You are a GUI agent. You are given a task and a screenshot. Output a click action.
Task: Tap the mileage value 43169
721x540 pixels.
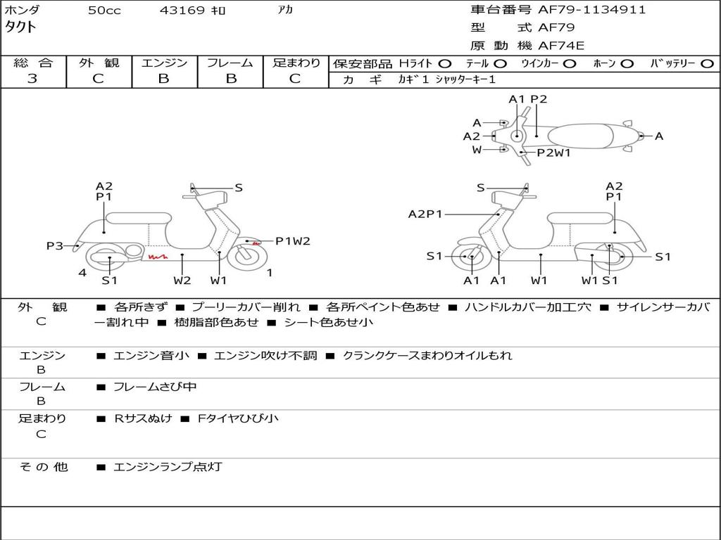(x=182, y=11)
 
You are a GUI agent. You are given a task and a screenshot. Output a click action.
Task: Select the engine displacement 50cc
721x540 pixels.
(x=104, y=11)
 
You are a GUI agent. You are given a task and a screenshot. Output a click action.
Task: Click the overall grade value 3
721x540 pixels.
(x=32, y=79)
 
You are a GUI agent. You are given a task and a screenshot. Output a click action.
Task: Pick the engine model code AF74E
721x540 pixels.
(x=561, y=46)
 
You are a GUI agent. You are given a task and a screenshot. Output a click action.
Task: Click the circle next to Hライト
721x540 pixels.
(x=445, y=64)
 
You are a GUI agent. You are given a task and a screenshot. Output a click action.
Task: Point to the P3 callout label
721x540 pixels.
(x=55, y=246)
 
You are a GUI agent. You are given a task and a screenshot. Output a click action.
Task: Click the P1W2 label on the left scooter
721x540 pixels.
(x=292, y=241)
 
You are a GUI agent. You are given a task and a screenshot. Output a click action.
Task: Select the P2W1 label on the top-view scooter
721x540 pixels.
(x=553, y=153)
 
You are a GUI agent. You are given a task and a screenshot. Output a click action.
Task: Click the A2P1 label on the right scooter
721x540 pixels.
(x=425, y=214)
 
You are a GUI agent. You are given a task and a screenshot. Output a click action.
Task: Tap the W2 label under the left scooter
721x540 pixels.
(x=182, y=281)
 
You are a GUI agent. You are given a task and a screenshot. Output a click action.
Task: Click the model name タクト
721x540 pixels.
(x=21, y=27)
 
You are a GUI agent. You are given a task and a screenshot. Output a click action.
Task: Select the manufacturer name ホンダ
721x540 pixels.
(x=23, y=11)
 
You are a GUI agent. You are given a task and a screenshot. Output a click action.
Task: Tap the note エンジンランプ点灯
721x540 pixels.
(x=168, y=467)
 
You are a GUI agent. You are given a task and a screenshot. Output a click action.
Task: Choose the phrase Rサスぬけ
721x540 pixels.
(x=143, y=418)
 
